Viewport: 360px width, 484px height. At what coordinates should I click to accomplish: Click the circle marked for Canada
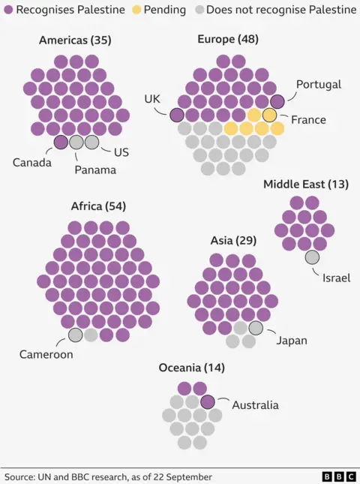click(x=61, y=142)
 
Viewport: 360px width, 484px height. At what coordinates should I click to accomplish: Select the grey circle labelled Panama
click(x=76, y=142)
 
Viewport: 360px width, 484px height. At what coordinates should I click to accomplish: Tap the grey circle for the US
click(x=91, y=142)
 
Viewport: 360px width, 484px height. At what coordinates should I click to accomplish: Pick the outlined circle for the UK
click(x=177, y=115)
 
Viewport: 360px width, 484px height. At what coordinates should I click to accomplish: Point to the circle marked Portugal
click(x=277, y=101)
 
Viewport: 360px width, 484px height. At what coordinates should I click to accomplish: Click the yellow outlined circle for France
click(x=269, y=115)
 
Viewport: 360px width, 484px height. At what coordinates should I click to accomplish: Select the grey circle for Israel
click(x=312, y=257)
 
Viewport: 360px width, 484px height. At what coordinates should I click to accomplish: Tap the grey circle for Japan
click(x=256, y=328)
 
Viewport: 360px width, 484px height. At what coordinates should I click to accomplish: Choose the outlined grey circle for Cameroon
click(x=76, y=335)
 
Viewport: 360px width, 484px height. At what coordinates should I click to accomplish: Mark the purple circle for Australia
click(x=208, y=401)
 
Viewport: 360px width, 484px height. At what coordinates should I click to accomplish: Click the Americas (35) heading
click(x=75, y=41)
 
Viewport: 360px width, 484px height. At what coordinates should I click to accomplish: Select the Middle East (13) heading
click(x=305, y=184)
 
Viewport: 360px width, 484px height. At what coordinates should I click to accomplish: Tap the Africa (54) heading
click(x=97, y=206)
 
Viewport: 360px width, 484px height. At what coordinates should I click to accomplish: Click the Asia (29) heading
click(x=233, y=241)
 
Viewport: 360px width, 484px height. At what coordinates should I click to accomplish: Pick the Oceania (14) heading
click(x=191, y=368)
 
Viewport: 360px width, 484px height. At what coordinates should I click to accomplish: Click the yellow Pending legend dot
click(x=135, y=10)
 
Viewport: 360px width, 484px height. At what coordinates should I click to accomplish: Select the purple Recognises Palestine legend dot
click(x=8, y=10)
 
